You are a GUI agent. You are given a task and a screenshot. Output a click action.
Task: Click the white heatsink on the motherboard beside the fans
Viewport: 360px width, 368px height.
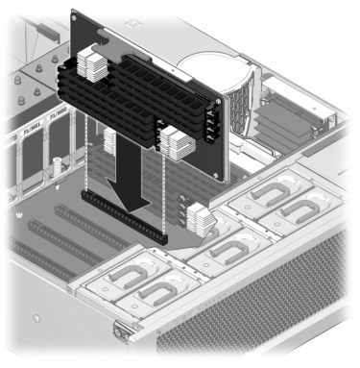pos(202,220)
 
